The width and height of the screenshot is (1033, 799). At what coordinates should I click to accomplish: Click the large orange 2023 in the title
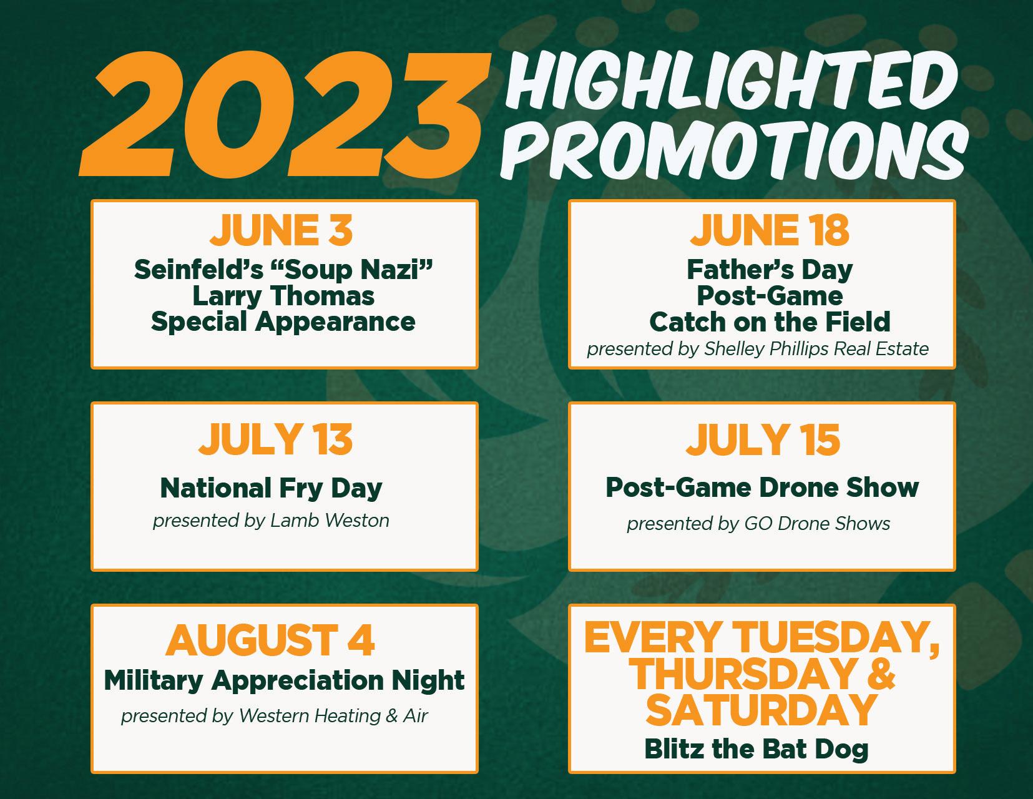[x=284, y=115]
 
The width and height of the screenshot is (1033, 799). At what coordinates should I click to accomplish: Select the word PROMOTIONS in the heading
[x=735, y=150]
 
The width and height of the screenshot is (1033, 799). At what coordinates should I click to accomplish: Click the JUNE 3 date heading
[x=281, y=230]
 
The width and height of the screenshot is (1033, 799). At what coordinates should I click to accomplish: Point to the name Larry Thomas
[x=283, y=297]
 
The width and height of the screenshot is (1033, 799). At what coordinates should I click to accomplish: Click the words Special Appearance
[x=283, y=322]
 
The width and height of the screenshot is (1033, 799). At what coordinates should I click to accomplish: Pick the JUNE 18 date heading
[x=770, y=230]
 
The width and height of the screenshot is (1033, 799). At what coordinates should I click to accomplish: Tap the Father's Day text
[x=770, y=270]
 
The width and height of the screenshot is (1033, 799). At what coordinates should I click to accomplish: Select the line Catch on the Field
[x=770, y=322]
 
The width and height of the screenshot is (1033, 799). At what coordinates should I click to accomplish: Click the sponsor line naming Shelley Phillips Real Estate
[x=758, y=350]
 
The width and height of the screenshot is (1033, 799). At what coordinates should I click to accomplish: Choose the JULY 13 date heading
[x=276, y=439]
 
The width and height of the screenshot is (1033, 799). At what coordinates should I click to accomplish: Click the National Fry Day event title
[x=271, y=489]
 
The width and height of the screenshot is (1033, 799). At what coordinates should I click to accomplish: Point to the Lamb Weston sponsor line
[x=271, y=521]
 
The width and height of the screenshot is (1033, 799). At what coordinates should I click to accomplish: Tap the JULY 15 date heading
[x=763, y=439]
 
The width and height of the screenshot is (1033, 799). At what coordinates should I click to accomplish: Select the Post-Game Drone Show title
[x=762, y=488]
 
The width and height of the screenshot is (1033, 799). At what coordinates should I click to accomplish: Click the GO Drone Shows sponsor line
[x=758, y=524]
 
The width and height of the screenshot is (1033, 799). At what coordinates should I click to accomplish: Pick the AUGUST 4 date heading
[x=270, y=640]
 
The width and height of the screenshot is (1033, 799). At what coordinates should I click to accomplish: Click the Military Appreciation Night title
[x=284, y=680]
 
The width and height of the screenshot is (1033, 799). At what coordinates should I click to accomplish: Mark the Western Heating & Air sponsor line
[x=274, y=716]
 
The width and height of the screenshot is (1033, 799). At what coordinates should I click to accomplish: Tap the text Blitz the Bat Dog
[x=756, y=750]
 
